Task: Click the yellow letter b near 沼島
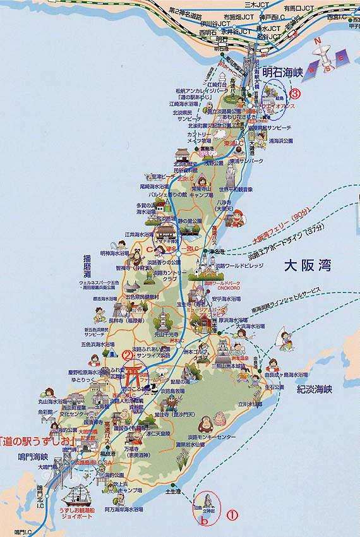203,521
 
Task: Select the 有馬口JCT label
297,7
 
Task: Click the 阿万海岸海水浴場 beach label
114,507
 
